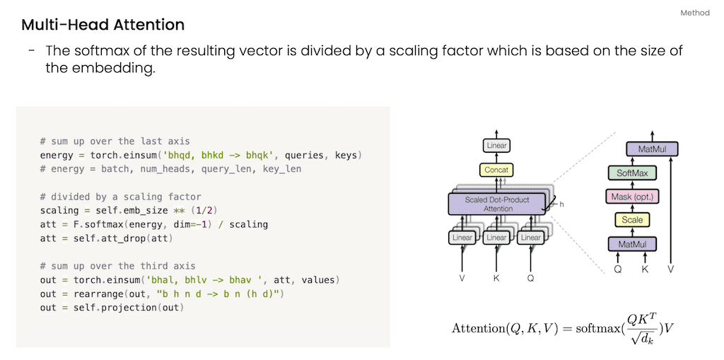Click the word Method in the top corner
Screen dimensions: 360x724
click(694, 13)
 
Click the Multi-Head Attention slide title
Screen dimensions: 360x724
click(103, 25)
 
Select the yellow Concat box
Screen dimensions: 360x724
click(497, 170)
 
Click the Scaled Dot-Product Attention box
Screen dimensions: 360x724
click(498, 204)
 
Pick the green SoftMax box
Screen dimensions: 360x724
click(632, 173)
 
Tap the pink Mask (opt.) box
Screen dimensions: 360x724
click(632, 196)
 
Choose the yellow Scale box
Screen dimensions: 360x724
click(632, 220)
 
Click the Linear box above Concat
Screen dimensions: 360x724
click(497, 146)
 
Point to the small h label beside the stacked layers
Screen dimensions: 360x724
click(562, 205)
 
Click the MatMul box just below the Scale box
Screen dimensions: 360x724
click(632, 244)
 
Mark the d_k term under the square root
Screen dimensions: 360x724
click(646, 338)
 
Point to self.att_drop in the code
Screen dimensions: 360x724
click(100, 238)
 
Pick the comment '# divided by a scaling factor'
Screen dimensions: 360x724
click(121, 197)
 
